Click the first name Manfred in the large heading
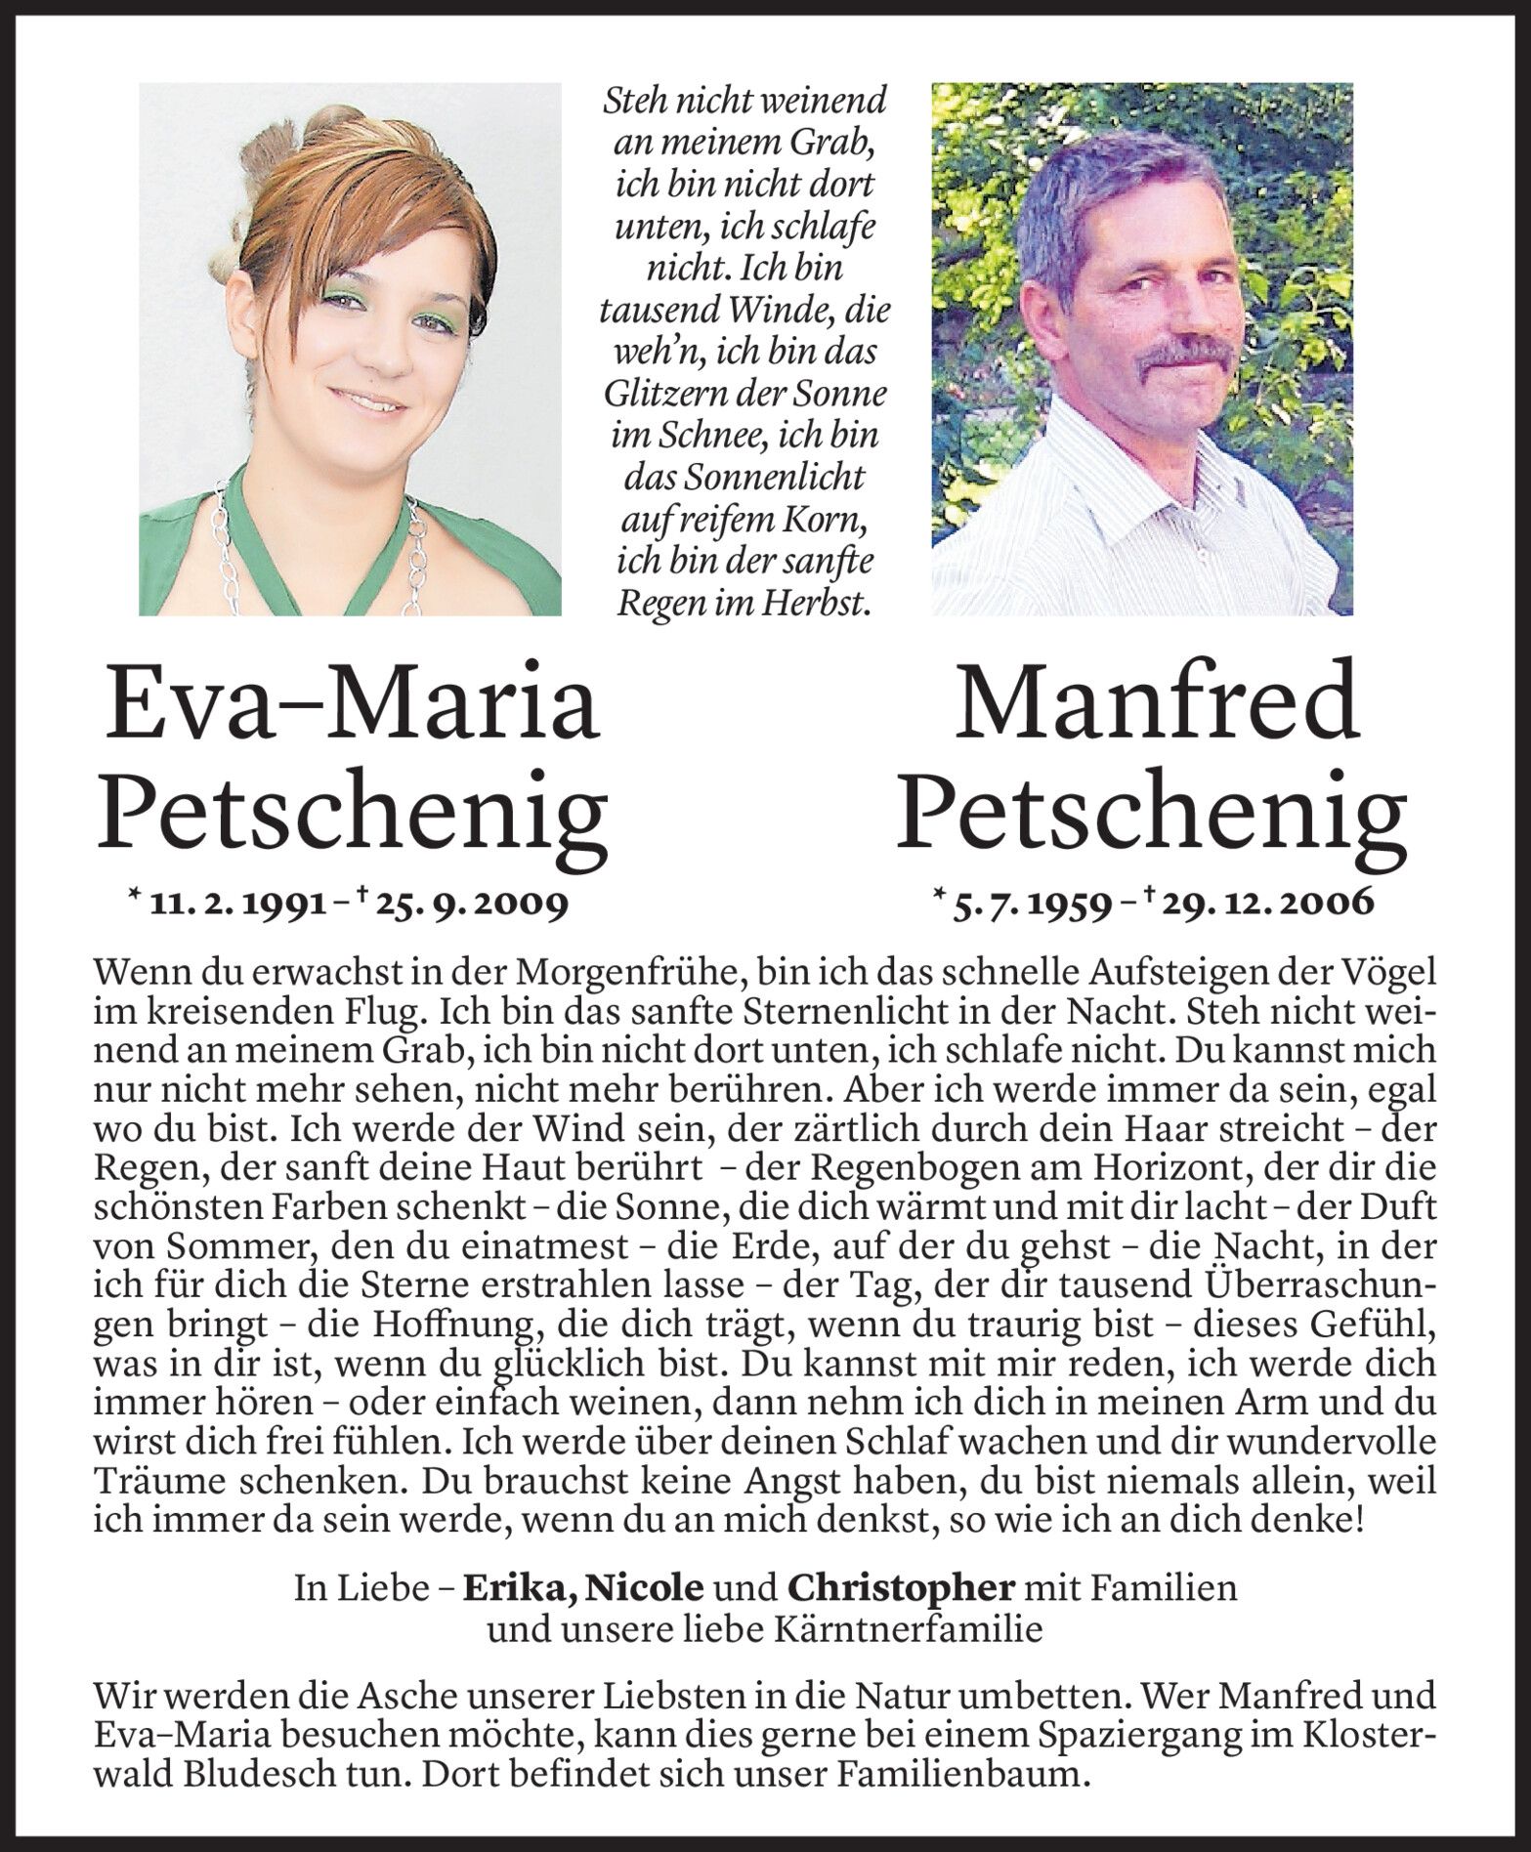pyautogui.click(x=1156, y=703)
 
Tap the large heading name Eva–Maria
pyautogui.click(x=352, y=703)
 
